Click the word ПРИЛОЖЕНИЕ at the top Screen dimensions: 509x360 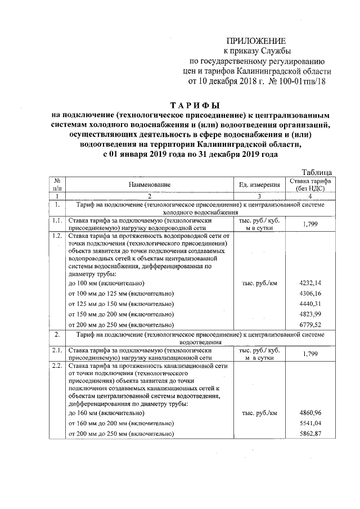256,40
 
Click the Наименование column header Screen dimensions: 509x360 148,184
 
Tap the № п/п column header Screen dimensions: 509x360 57,184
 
